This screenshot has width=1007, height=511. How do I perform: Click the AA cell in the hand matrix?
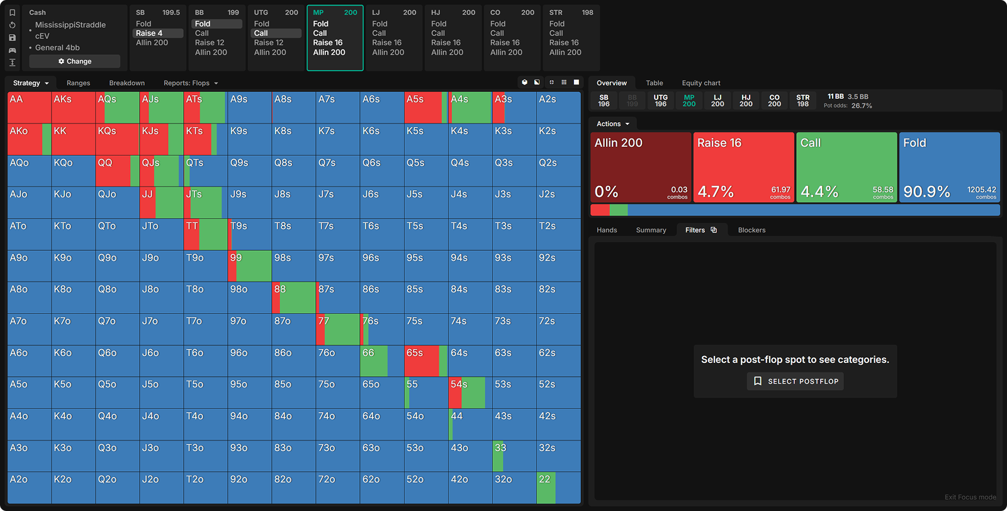pyautogui.click(x=29, y=108)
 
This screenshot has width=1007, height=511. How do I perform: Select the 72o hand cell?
pyautogui.click(x=337, y=488)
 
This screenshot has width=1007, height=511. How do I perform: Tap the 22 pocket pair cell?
pyautogui.click(x=558, y=488)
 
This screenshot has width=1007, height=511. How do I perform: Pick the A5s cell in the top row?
pyautogui.click(x=425, y=108)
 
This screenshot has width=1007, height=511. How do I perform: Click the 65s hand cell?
pyautogui.click(x=425, y=361)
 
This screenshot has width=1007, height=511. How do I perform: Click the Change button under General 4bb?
pyautogui.click(x=74, y=61)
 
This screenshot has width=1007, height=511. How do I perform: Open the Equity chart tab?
pyautogui.click(x=700, y=83)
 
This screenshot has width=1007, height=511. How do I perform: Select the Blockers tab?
pyautogui.click(x=751, y=230)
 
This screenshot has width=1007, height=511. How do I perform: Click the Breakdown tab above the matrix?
pyautogui.click(x=127, y=83)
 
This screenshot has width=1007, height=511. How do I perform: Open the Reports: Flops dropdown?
pyautogui.click(x=191, y=83)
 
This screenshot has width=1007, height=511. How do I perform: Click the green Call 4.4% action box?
pyautogui.click(x=846, y=167)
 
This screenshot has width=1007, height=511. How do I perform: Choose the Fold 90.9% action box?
pyautogui.click(x=949, y=167)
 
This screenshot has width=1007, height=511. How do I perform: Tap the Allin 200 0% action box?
pyautogui.click(x=640, y=167)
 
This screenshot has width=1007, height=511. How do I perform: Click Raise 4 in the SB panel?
pyautogui.click(x=150, y=33)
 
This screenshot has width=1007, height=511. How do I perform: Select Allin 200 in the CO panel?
pyautogui.click(x=506, y=52)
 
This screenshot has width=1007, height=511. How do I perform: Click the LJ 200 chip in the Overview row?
pyautogui.click(x=717, y=101)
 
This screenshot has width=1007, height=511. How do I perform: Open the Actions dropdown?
pyautogui.click(x=612, y=124)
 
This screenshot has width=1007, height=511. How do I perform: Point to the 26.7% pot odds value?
pyautogui.click(x=862, y=106)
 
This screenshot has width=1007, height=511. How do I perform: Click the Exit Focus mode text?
pyautogui.click(x=970, y=497)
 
